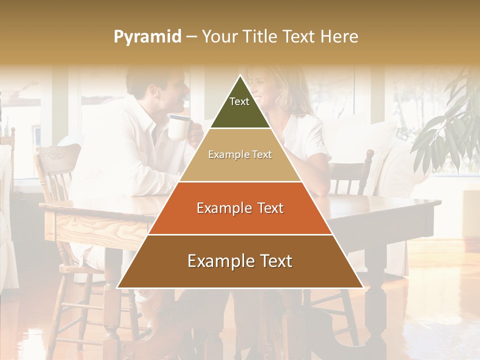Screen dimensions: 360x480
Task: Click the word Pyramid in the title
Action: [147, 37]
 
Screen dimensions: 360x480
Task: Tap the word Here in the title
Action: [339, 37]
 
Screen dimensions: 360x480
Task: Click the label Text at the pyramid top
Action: [239, 101]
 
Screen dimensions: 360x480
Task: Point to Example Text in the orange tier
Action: [240, 208]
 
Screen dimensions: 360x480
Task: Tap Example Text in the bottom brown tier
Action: [240, 261]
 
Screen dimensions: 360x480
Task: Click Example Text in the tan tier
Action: [240, 154]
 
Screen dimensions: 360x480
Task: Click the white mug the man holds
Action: [178, 127]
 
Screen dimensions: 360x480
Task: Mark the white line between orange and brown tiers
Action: [240, 234]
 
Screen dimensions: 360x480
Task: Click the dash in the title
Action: [191, 37]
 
